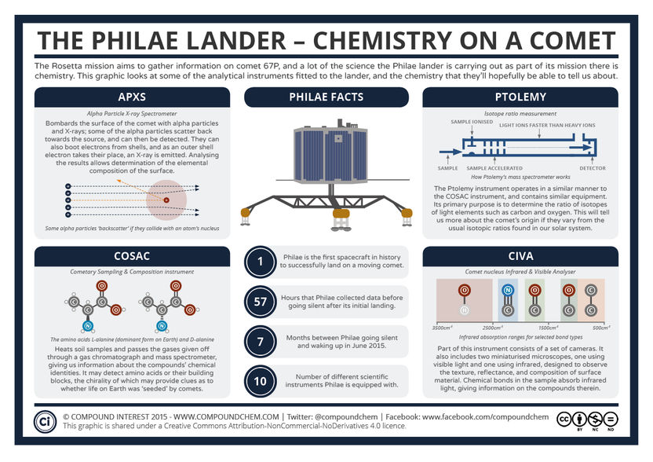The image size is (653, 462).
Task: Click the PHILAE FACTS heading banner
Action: point(326,97)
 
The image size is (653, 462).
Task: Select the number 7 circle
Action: point(261,340)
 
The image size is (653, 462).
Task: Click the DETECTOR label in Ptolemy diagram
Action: point(592,168)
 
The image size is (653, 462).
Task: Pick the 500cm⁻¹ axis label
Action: point(600,327)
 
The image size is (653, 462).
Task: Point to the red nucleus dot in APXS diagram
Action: point(166,201)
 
